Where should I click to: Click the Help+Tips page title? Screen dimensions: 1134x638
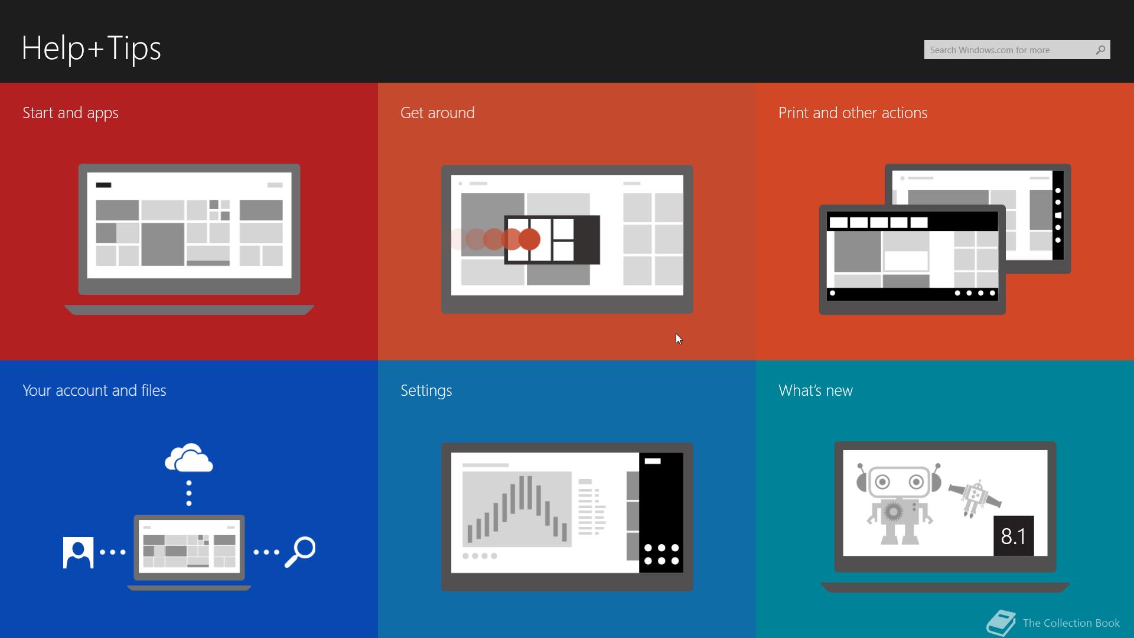[x=92, y=48]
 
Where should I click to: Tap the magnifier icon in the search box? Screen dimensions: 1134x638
[x=1100, y=50]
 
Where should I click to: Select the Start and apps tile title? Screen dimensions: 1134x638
[x=70, y=113]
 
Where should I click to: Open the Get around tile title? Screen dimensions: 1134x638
[x=438, y=113]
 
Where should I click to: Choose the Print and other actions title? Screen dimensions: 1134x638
[x=853, y=113]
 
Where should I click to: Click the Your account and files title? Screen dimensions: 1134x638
[x=94, y=390]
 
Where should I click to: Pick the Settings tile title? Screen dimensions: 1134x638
[x=426, y=391]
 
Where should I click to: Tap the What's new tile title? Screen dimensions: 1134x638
[x=816, y=390]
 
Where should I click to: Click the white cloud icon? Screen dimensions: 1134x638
[x=189, y=458]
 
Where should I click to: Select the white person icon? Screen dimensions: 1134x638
[x=78, y=553]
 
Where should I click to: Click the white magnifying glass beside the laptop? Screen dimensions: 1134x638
[x=300, y=552]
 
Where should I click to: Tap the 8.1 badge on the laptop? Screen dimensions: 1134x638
[x=1014, y=536]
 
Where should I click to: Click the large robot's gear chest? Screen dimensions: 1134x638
[x=894, y=511]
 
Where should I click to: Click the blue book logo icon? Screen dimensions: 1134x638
[x=1001, y=623]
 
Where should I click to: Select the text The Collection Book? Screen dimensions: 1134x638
[x=1071, y=623]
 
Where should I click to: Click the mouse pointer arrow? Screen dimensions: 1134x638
[x=679, y=338]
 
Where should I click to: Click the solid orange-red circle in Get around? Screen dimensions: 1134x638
[x=529, y=239]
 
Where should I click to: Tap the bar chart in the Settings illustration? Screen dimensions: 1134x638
[x=517, y=509]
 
